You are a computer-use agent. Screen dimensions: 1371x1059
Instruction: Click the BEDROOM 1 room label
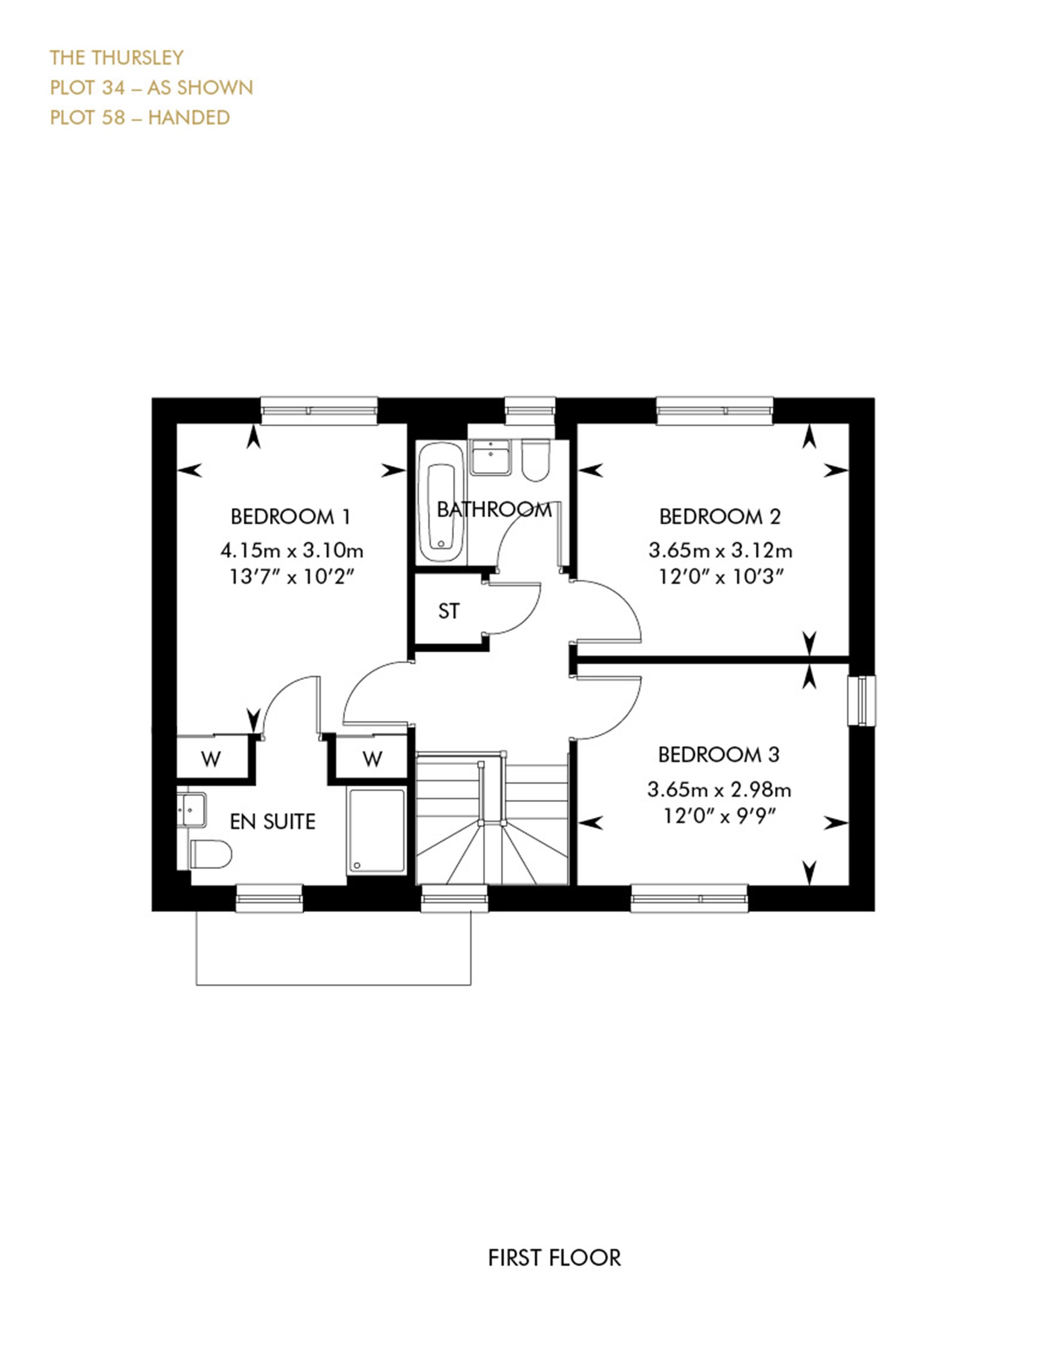click(291, 517)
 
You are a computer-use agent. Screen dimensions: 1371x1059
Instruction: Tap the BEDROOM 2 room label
click(719, 517)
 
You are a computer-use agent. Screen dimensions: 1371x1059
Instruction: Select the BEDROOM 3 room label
click(719, 754)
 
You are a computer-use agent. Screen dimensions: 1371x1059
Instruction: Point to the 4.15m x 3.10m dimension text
click(292, 550)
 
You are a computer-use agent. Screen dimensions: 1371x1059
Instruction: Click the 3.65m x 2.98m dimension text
click(719, 789)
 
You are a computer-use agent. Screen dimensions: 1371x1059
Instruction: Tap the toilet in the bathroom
click(536, 462)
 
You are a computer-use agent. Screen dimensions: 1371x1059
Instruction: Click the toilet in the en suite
click(210, 854)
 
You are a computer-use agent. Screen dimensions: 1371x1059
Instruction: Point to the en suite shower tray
click(377, 831)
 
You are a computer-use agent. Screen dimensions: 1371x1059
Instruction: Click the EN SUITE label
click(272, 822)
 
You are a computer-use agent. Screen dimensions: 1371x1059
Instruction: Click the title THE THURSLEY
click(117, 58)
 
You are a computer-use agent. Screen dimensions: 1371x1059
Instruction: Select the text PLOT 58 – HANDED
click(140, 117)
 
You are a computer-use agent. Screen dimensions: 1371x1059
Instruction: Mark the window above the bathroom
click(530, 409)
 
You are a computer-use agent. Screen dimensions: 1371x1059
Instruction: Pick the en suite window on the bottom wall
click(269, 898)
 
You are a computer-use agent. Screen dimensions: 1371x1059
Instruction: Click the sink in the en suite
click(192, 810)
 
